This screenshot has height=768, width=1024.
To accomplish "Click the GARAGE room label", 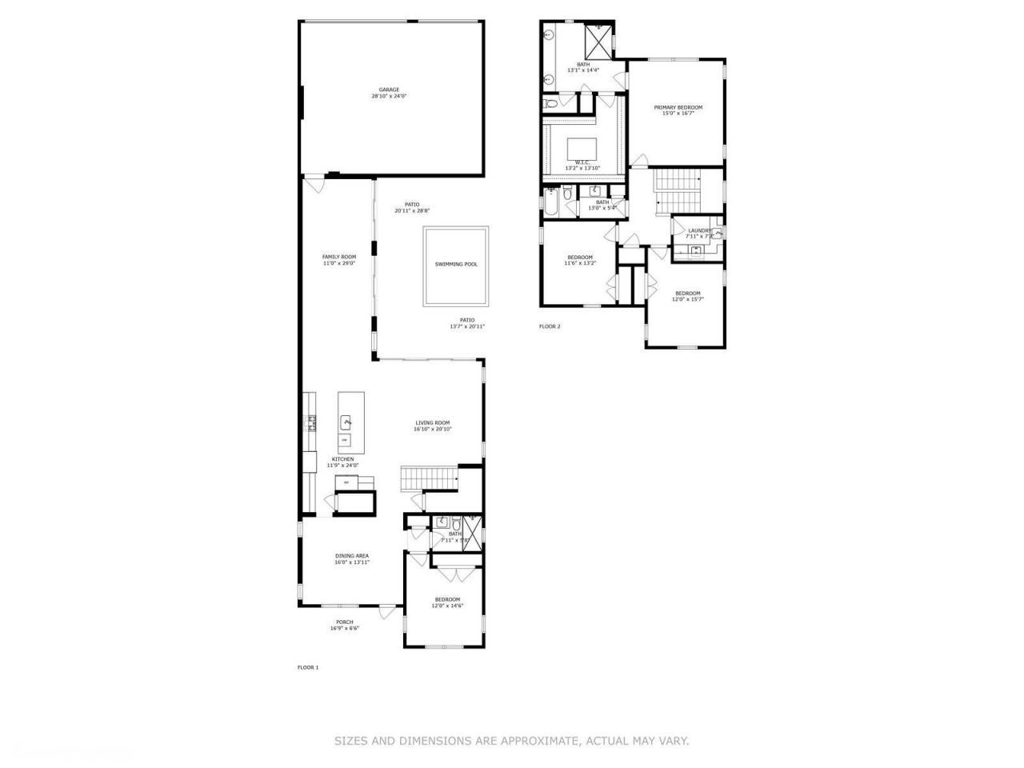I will [389, 90].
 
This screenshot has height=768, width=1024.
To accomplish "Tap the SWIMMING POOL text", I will [456, 264].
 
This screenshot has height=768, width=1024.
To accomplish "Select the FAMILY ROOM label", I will [338, 257].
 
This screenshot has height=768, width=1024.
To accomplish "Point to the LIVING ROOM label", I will [432, 423].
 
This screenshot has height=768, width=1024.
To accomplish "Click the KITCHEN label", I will [342, 459].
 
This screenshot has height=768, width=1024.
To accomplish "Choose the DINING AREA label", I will [352, 555].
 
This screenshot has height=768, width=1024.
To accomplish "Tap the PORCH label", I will [344, 622].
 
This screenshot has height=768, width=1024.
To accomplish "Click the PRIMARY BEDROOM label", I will [678, 107].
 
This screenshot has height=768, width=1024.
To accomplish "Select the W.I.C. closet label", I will [582, 162].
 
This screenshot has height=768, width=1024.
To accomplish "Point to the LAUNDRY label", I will [699, 230].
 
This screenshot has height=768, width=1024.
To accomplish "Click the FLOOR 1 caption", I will [308, 667].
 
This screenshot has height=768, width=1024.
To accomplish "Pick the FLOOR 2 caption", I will [550, 326].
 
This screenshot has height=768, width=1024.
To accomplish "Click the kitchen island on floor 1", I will [351, 420].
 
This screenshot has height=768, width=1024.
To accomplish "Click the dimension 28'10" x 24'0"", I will [389, 96].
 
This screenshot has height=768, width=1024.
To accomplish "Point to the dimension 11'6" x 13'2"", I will [580, 263].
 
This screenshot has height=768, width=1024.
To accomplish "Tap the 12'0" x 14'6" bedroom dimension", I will [447, 606].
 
